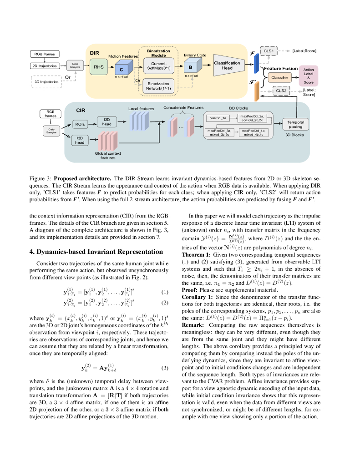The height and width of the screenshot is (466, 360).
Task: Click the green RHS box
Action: tap(99, 67)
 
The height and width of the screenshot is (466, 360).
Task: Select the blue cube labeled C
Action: tap(122, 69)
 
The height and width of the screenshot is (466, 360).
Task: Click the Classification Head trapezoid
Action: tap(227, 66)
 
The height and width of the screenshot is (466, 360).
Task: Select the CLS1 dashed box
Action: tap(269, 51)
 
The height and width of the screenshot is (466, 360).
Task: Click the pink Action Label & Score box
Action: tap(309, 76)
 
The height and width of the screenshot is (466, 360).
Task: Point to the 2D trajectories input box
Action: tap(44, 66)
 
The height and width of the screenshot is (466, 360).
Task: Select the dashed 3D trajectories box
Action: tap(46, 82)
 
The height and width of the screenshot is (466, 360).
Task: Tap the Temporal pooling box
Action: tap(295, 125)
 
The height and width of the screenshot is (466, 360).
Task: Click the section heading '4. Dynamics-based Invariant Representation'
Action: tap(96, 252)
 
